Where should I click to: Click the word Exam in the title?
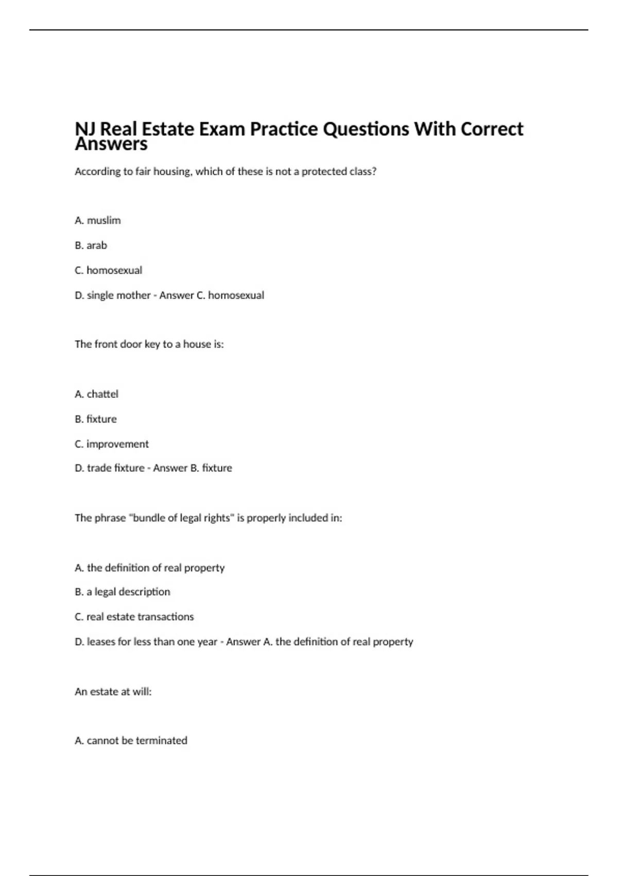tap(221, 129)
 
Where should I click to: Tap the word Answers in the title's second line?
tap(111, 145)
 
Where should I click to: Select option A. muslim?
tap(98, 221)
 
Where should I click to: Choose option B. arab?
tap(91, 245)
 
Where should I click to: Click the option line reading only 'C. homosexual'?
tap(109, 270)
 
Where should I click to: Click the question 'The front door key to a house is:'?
tap(149, 344)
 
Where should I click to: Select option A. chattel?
tap(97, 394)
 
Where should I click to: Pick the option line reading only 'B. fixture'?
tap(96, 419)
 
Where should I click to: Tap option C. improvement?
tap(112, 444)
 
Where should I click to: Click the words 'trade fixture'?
tap(115, 468)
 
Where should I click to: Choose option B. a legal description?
tap(123, 592)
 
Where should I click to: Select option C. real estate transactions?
tap(134, 617)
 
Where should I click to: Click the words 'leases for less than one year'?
tap(152, 642)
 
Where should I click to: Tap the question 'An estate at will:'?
tap(113, 692)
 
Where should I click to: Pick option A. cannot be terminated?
tap(131, 740)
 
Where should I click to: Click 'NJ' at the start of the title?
tap(85, 129)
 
